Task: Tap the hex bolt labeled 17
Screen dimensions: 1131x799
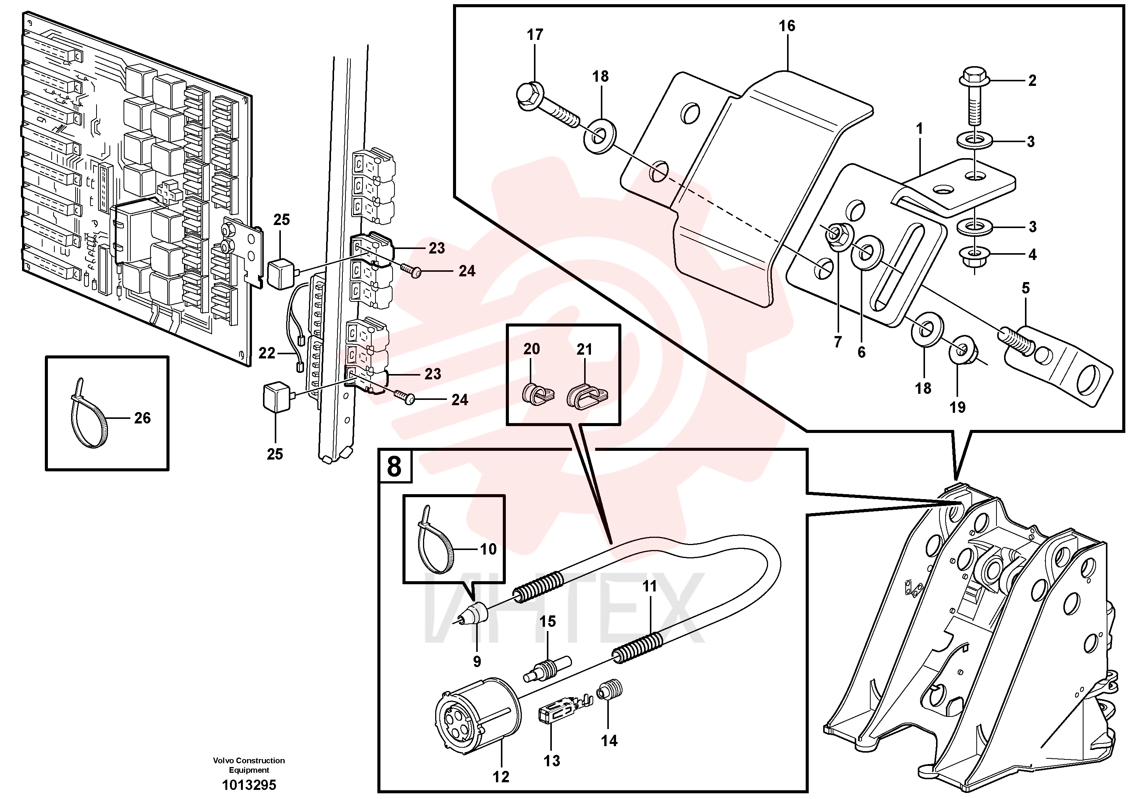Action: tap(547, 106)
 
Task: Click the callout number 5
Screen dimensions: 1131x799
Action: tap(1026, 288)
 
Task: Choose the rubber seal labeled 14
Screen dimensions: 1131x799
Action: tap(610, 692)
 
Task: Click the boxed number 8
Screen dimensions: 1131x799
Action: tap(394, 466)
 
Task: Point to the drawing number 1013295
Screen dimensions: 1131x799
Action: tap(249, 785)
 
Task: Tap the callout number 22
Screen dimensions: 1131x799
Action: tap(267, 353)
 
